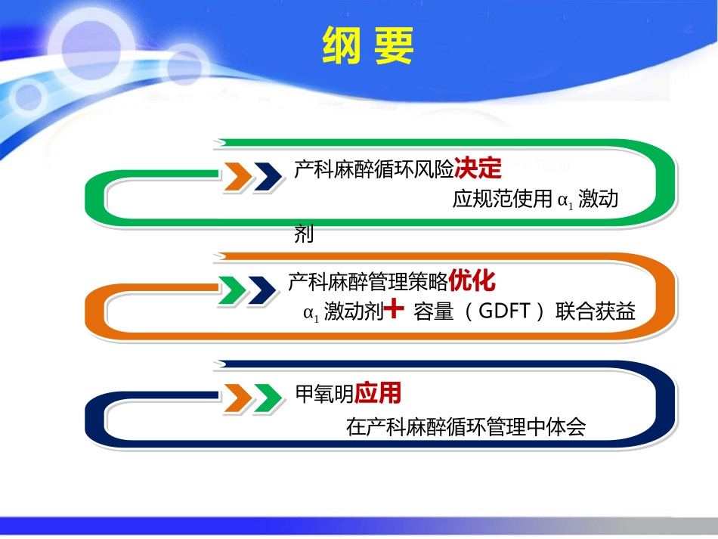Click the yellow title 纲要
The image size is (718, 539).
368,47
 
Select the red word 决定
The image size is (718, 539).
478,169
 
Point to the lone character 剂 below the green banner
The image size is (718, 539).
303,235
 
